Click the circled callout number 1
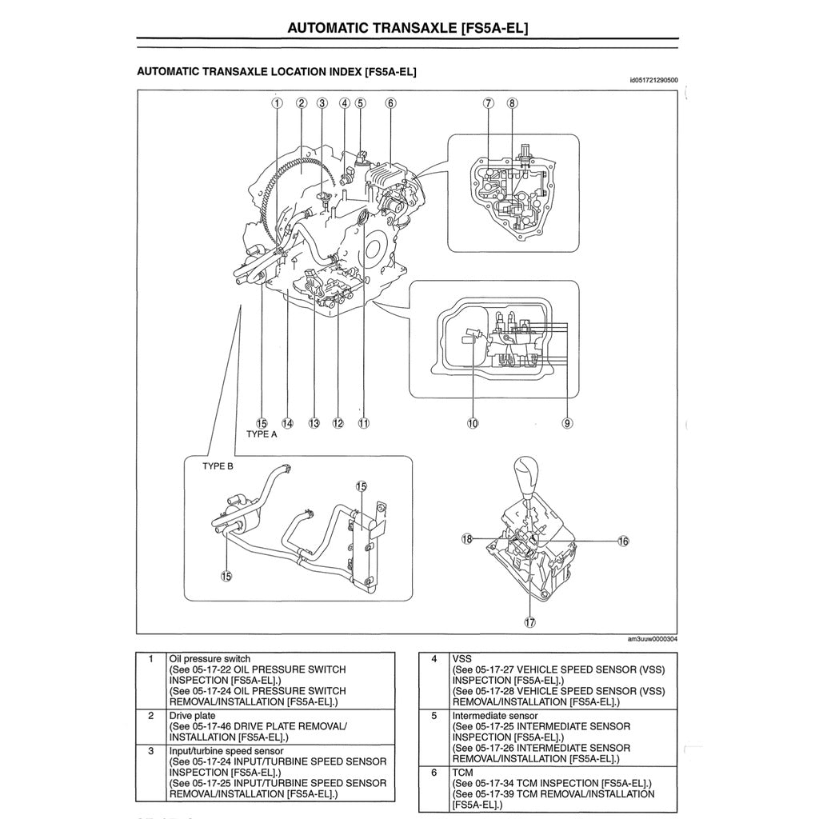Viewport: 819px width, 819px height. click(x=277, y=102)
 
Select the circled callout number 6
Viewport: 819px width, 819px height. click(x=390, y=102)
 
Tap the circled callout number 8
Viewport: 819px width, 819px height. click(x=512, y=102)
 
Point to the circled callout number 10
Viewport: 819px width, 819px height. click(x=473, y=423)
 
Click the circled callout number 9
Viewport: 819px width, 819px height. click(x=567, y=423)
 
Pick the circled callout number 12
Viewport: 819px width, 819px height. click(x=338, y=423)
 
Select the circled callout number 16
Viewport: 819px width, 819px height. click(x=623, y=541)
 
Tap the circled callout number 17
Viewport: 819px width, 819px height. click(x=529, y=621)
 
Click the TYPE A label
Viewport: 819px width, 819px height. click(x=262, y=434)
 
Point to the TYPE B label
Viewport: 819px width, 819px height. click(x=218, y=466)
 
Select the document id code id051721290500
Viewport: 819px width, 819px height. click(x=653, y=80)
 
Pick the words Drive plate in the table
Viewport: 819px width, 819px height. click(x=193, y=716)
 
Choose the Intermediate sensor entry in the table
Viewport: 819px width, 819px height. click(x=495, y=715)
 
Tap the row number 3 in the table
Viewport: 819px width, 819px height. click(x=151, y=751)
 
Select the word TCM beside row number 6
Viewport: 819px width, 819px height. click(x=463, y=772)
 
